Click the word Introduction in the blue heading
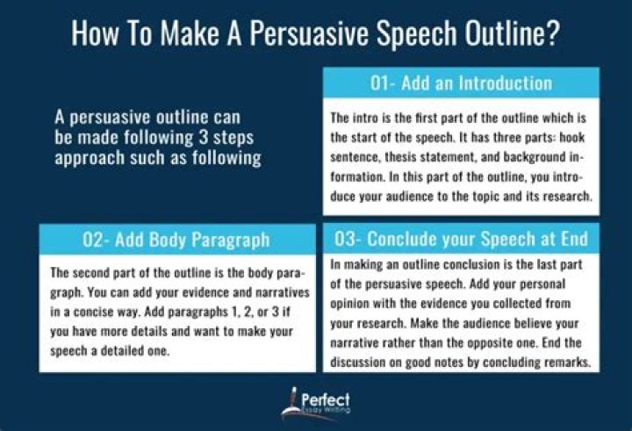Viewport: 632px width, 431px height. click(501, 84)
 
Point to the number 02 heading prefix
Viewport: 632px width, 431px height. click(93, 240)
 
